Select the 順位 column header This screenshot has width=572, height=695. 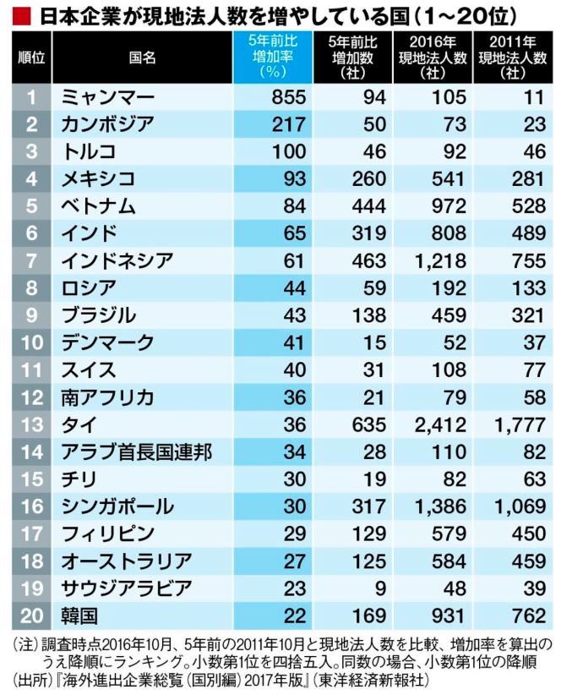32,57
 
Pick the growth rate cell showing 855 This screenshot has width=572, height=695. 275,96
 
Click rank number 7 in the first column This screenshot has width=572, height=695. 32,260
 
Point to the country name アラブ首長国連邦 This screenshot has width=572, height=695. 135,452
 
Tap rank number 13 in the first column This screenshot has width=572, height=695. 32,424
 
